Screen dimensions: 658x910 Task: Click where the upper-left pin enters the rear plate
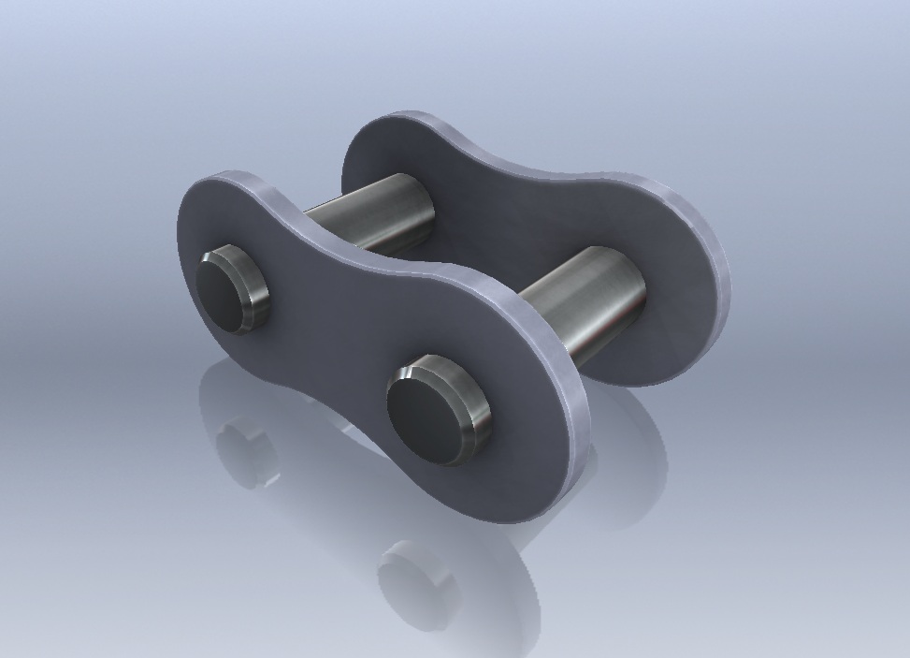coord(428,211)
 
